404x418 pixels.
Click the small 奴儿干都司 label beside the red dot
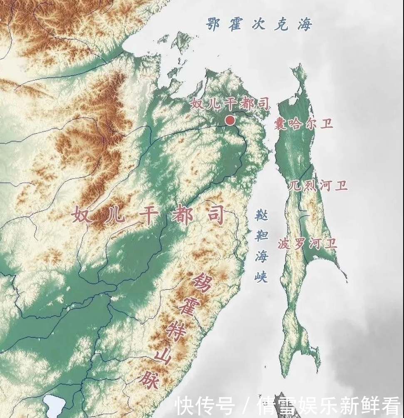click(x=230, y=103)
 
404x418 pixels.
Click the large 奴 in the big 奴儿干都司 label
click(x=82, y=215)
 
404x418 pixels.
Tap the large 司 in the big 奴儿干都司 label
click(x=214, y=216)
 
